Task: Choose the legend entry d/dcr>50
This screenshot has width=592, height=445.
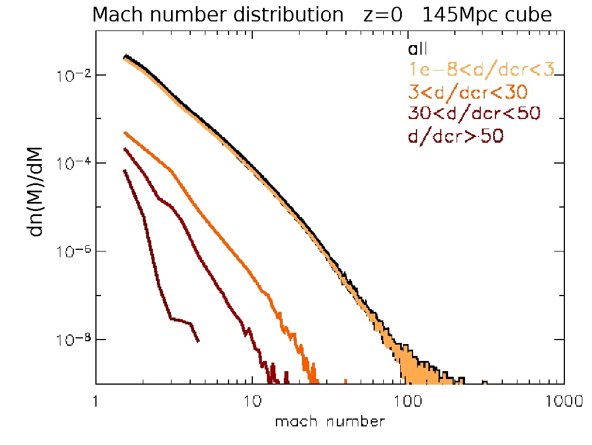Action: point(456,135)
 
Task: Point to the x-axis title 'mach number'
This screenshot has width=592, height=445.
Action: point(330,421)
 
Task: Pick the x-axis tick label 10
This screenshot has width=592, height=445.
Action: point(251,402)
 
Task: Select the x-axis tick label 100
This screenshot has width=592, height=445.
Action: point(407,402)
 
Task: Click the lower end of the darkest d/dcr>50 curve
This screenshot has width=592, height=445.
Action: point(198,341)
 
